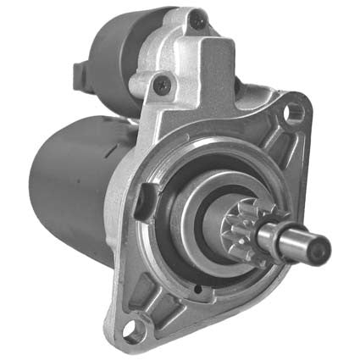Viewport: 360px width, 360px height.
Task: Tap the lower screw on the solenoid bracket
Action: [x=162, y=84]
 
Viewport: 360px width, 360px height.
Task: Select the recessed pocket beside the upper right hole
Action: [x=269, y=127]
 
